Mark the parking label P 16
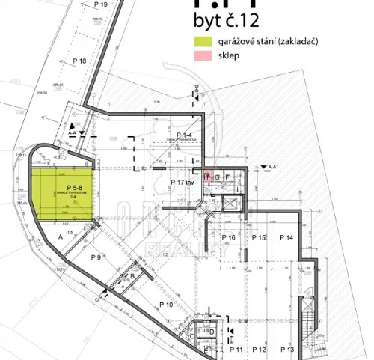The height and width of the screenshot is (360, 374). (x=228, y=237)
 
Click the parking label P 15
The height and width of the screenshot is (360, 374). (x=259, y=237)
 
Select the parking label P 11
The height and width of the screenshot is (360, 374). (x=236, y=350)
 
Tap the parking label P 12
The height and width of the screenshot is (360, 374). (x=260, y=350)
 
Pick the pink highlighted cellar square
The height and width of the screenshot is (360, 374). (x=207, y=176)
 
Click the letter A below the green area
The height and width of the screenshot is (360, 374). (x=59, y=235)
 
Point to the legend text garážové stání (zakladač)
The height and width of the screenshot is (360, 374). (x=266, y=42)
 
